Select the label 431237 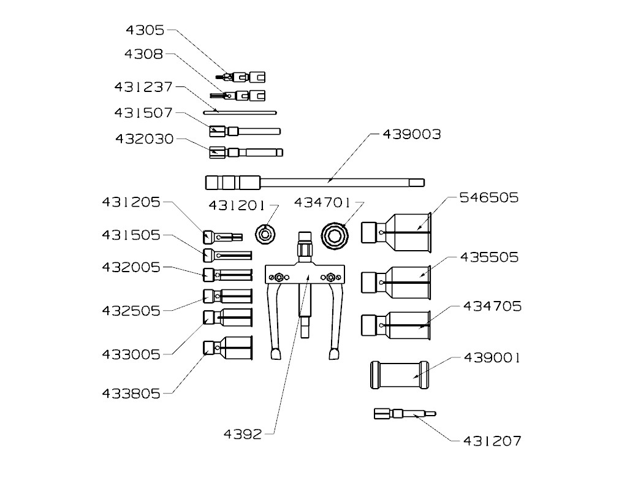click(x=143, y=87)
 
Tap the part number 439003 click(x=411, y=134)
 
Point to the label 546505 click(x=489, y=197)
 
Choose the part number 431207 click(x=492, y=440)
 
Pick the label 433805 click(x=131, y=394)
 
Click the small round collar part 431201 click(x=266, y=234)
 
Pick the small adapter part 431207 click(x=405, y=414)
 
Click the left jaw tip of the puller click(x=274, y=354)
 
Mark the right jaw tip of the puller click(x=334, y=354)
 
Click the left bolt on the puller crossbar click(x=279, y=277)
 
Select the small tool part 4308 click(x=238, y=96)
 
